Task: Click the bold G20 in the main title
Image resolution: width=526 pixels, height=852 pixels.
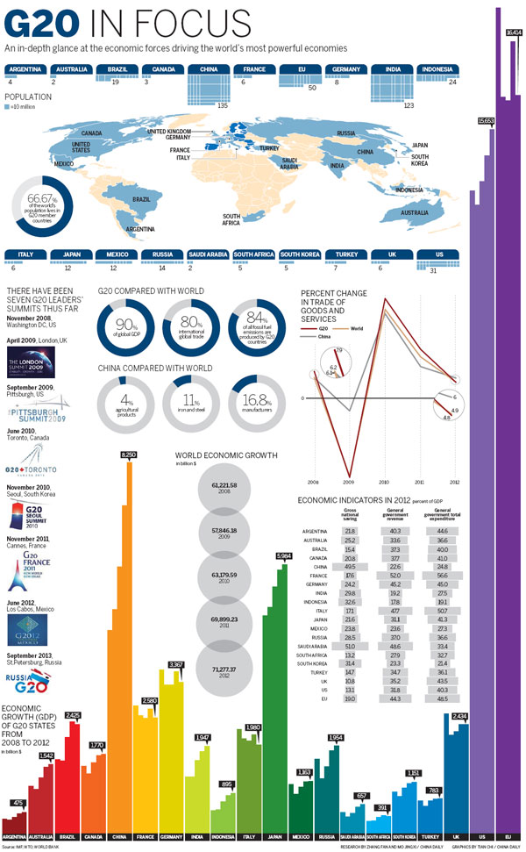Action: [35, 22]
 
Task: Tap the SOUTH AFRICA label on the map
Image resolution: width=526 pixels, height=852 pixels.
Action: [231, 219]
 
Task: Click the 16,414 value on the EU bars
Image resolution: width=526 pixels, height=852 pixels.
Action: [514, 32]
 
